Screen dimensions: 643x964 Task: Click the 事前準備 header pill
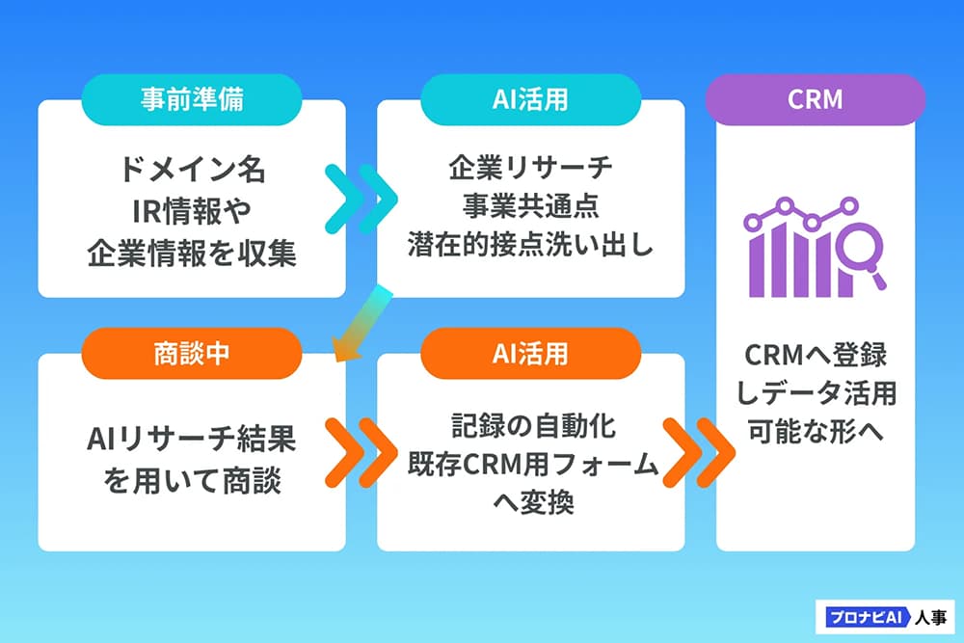[x=192, y=99]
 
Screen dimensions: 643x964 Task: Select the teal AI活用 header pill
[x=530, y=99]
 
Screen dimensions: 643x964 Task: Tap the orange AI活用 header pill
[x=530, y=352]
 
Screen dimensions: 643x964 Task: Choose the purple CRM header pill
[x=816, y=99]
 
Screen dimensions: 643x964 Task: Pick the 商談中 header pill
[x=192, y=352]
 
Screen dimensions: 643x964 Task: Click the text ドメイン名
[x=192, y=172]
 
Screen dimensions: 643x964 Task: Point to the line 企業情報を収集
[x=192, y=253]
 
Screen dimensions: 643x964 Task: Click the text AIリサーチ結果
[x=192, y=440]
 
